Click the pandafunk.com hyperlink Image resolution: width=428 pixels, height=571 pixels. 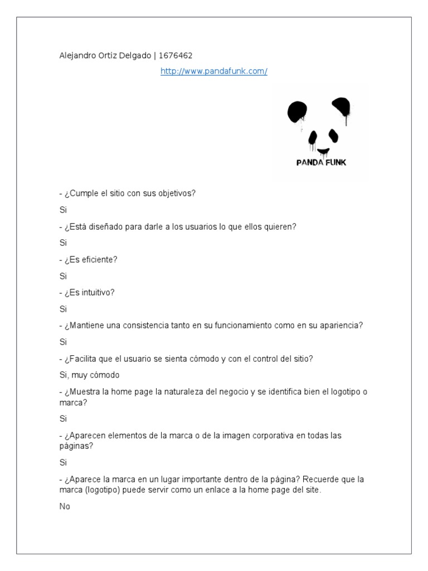coord(214,71)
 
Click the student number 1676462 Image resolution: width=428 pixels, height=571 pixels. coord(176,55)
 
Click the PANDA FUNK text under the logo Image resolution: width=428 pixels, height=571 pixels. coord(321,163)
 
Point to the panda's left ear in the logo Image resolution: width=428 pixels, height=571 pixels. coord(297,112)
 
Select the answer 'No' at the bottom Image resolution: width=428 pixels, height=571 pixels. coord(65,507)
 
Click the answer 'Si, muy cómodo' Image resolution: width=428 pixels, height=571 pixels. coord(89,375)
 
